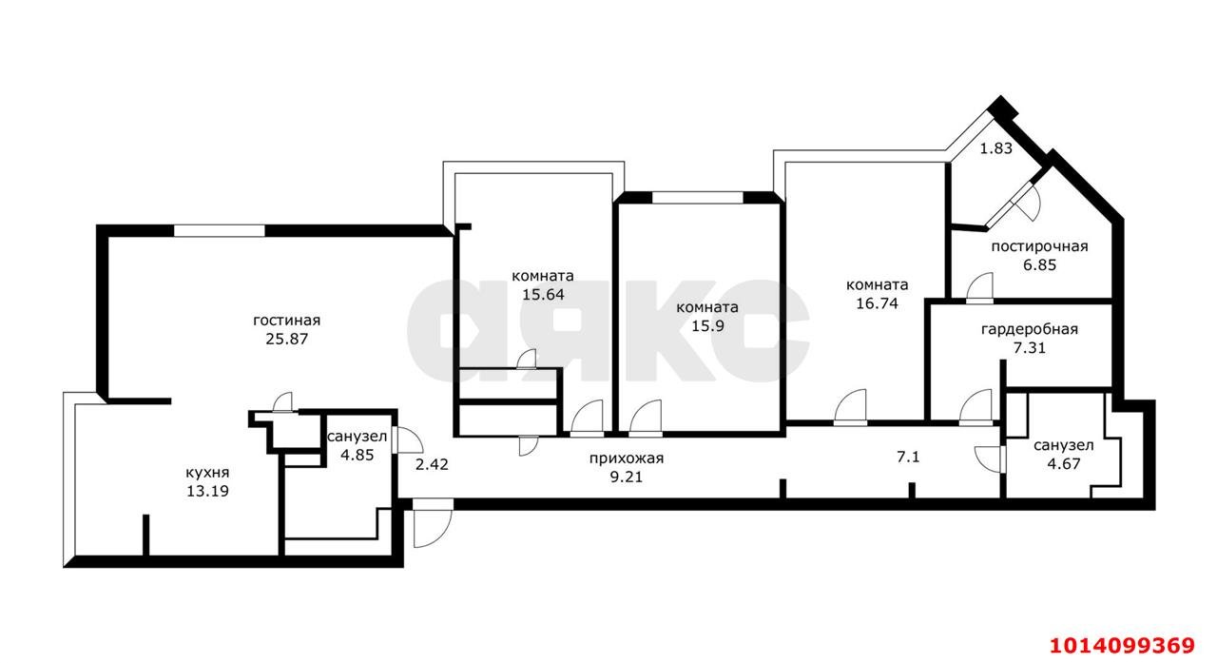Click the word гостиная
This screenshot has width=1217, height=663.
(287, 321)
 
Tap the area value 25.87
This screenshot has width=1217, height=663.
(287, 339)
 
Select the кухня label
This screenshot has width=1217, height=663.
(207, 473)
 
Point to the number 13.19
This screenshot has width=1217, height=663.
(207, 491)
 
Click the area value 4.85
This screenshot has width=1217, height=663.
(357, 456)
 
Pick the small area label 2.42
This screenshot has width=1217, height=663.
(432, 464)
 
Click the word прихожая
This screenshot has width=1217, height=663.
(627, 458)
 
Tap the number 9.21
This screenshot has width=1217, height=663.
(627, 478)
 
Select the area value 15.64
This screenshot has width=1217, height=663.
(543, 295)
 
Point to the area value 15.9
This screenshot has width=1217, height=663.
(707, 326)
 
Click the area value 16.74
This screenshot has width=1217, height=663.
(878, 303)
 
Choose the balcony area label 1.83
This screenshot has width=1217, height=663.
(995, 148)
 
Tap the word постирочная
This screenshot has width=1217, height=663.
(1040, 246)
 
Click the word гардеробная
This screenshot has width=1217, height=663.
(1030, 329)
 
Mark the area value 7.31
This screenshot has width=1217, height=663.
(1030, 348)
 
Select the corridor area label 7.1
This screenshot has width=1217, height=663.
(908, 457)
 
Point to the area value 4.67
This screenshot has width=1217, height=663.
(1064, 464)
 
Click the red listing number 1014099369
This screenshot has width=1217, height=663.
(1123, 646)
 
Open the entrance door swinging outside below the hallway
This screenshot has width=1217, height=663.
(433, 524)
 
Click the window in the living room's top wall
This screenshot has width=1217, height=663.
(219, 231)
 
